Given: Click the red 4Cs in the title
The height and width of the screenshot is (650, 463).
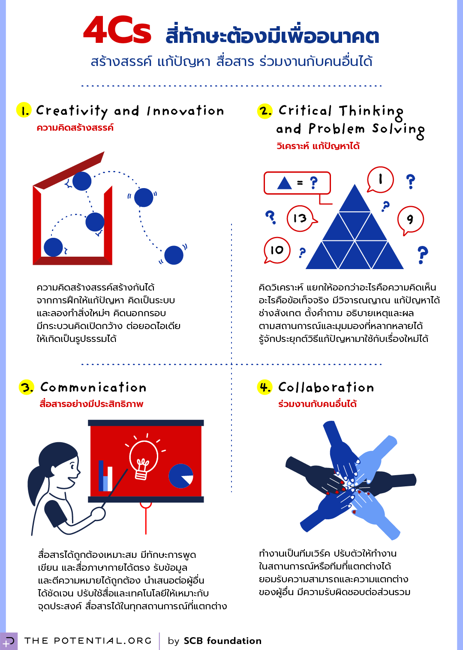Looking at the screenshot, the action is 117,30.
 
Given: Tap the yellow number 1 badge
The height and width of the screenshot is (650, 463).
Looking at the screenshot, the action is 24,110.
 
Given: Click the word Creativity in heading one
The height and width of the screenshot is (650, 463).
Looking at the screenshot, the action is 72,111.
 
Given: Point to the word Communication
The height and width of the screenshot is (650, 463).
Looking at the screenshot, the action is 93,387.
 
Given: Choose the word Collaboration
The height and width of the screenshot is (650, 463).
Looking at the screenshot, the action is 326,387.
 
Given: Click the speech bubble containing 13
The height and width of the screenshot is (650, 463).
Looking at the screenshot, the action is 301,219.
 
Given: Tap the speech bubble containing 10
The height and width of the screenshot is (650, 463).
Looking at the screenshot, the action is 277,250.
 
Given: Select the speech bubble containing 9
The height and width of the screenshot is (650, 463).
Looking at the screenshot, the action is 410,220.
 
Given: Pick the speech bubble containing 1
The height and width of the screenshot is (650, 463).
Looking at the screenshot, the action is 380,180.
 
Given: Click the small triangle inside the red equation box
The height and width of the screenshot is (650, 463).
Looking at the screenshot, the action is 285,183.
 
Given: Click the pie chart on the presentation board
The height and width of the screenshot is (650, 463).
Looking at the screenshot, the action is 181,476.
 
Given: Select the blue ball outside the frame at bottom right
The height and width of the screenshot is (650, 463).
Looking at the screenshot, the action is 174,255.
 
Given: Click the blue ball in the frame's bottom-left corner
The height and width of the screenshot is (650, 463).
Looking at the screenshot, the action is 54,247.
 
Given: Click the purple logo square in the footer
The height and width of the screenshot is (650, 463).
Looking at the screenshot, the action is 9,641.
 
